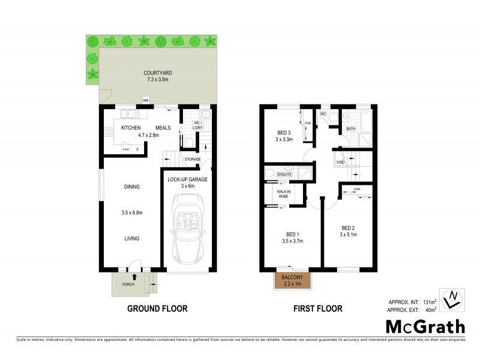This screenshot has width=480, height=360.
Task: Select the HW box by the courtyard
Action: pos(146,100)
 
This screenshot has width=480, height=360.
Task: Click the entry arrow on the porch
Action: pos(134,277)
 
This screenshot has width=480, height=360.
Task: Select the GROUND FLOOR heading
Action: pos(157,309)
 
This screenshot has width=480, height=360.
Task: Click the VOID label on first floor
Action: pos(340,162)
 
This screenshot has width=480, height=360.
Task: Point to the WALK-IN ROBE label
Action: pos(283,194)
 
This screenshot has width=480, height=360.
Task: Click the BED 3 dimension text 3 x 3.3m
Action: pos(284,139)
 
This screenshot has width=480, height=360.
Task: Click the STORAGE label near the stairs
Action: pos(192,159)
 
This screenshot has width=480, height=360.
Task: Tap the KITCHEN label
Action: pos(131,128)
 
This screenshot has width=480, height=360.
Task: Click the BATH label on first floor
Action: pos(350,128)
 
